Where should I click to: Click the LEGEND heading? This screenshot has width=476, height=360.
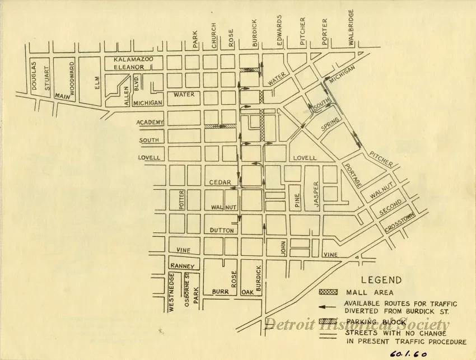[x=381, y=280]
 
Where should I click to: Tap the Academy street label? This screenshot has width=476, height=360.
[x=150, y=123]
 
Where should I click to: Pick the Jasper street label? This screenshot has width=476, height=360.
[x=316, y=195]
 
